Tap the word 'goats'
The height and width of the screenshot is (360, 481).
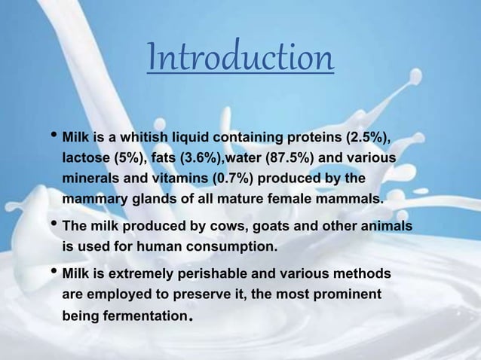click(x=264, y=227)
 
